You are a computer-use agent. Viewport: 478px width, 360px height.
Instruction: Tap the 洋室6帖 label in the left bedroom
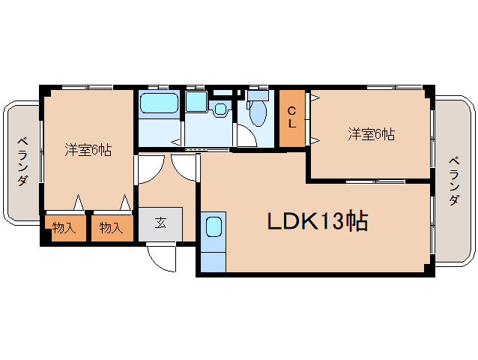pos(88,150)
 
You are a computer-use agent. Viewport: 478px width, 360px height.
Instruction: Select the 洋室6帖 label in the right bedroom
pos(371,135)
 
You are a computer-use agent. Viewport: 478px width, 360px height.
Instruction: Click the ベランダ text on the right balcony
pos(454,181)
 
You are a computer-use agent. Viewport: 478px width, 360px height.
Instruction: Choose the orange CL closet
pos(291,118)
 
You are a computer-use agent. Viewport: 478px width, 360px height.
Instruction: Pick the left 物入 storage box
pos(64,227)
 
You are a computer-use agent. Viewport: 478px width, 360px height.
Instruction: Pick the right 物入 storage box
pos(111,227)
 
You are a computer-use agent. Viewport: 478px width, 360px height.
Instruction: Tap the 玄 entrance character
pos(160,222)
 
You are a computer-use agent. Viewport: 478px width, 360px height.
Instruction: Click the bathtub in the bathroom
pos(159,105)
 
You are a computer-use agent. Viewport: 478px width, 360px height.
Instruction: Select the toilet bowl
pos(257,113)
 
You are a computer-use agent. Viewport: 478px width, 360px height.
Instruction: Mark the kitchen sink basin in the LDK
pos(213,227)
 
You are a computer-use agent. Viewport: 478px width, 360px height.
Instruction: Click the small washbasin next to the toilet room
pos(220,109)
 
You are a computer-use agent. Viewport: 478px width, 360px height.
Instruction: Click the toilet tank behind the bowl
pos(257,95)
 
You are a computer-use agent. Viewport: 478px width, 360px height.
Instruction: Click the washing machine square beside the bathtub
pos(196,103)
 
